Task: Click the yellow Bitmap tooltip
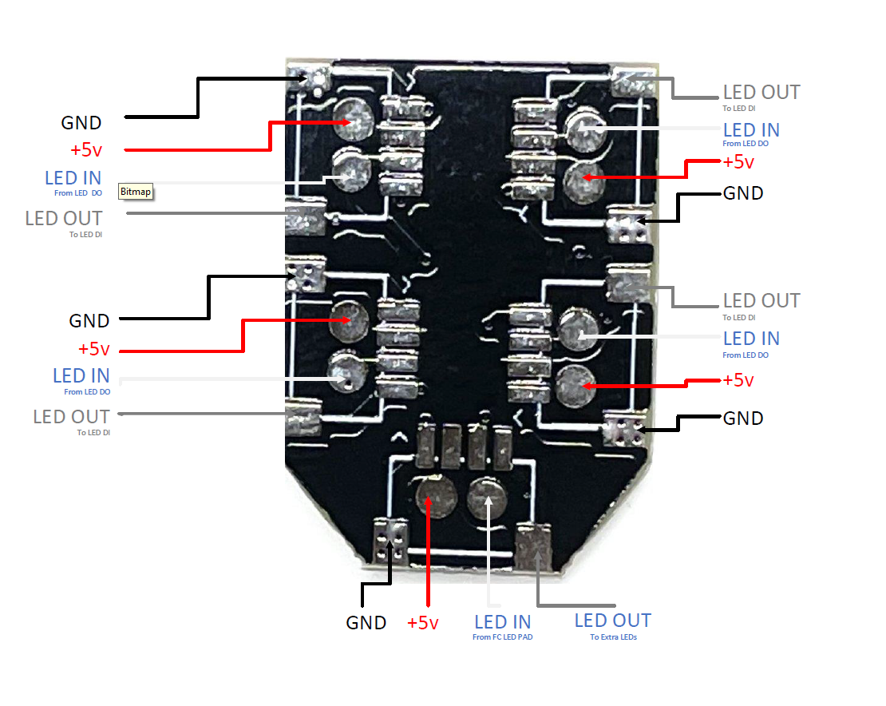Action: [x=136, y=192]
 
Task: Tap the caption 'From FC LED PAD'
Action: [x=502, y=637]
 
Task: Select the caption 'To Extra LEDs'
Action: [x=613, y=637]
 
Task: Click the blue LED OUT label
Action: [x=612, y=621]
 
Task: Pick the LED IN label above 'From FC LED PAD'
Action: [x=502, y=621]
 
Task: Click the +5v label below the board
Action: [x=422, y=623]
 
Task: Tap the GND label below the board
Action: [x=366, y=623]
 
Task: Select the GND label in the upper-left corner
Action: [x=81, y=123]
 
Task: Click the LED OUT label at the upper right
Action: [x=761, y=93]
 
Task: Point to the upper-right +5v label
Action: [x=738, y=162]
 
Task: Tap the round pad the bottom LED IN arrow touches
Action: [x=487, y=494]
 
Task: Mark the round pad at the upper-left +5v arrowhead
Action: [x=352, y=121]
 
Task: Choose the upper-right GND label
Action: [x=742, y=193]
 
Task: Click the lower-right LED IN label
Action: [x=751, y=339]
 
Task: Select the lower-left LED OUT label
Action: [x=71, y=417]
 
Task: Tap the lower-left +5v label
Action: [x=93, y=349]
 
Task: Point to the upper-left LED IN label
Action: [x=73, y=177]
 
